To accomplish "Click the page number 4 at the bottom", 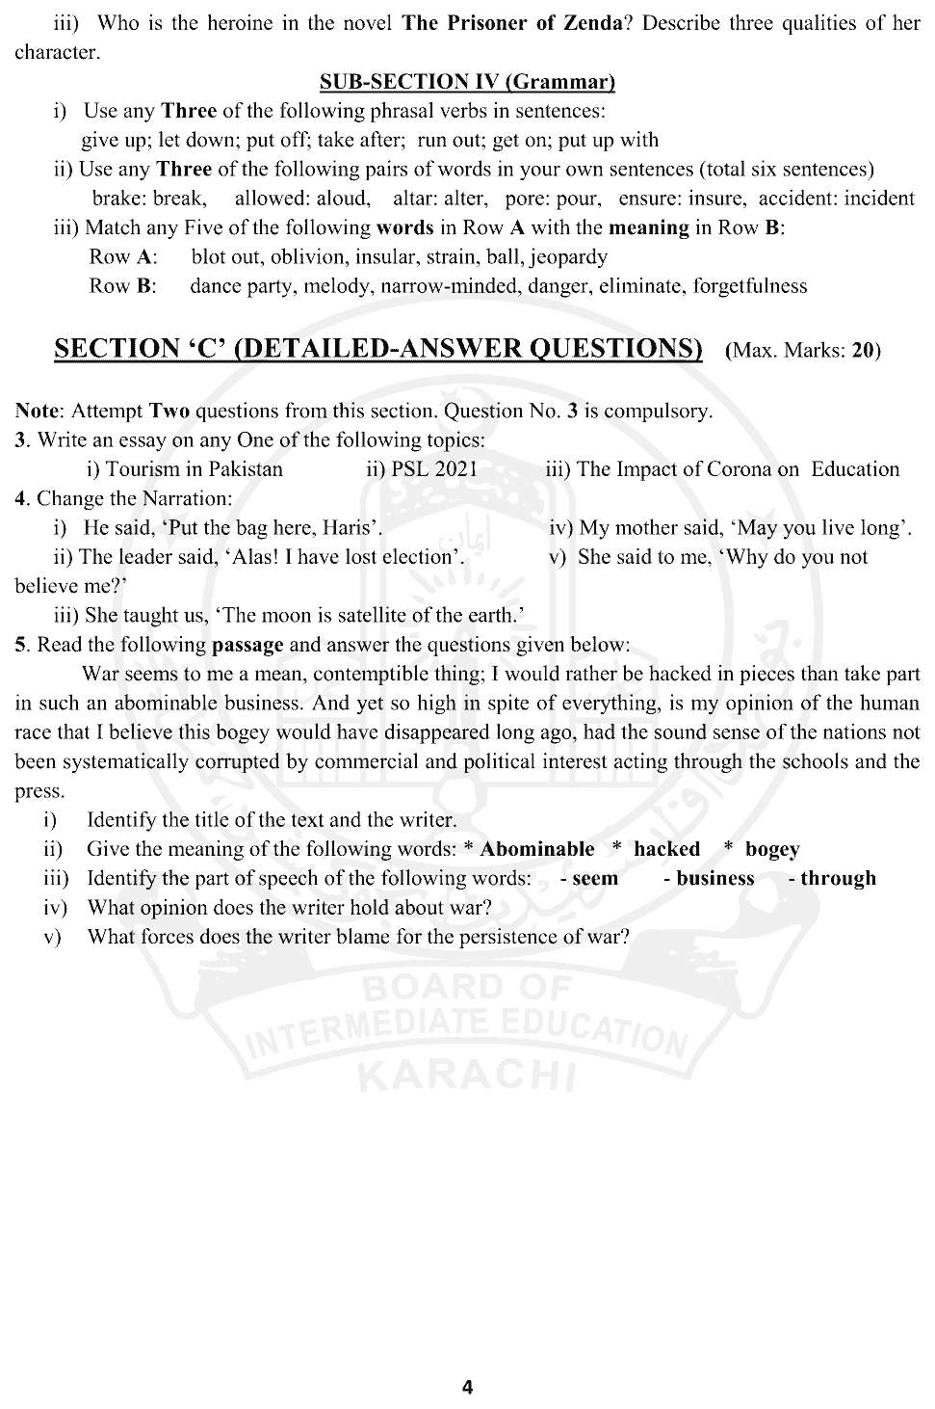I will point(467,1387).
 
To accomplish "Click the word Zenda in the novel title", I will point(588,23).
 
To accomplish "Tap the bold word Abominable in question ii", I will point(537,849).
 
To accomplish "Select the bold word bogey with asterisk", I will point(772,849).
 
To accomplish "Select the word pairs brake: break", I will point(149,199).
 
